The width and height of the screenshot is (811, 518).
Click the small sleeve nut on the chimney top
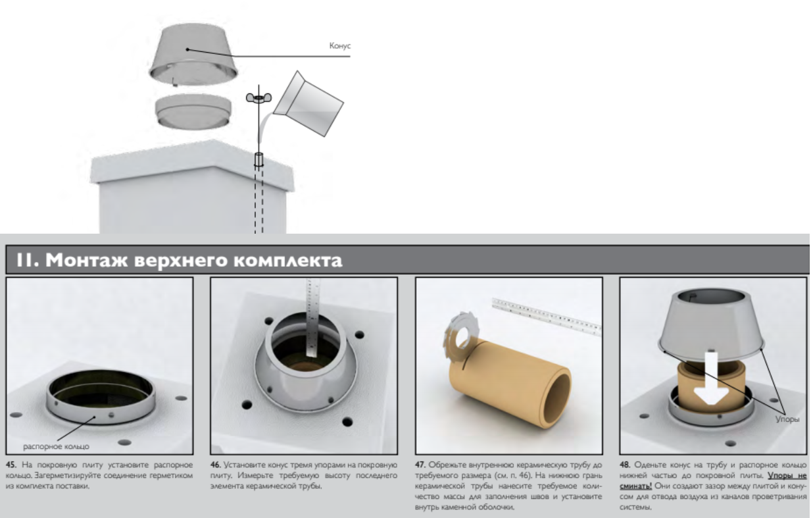[x=258, y=159]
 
